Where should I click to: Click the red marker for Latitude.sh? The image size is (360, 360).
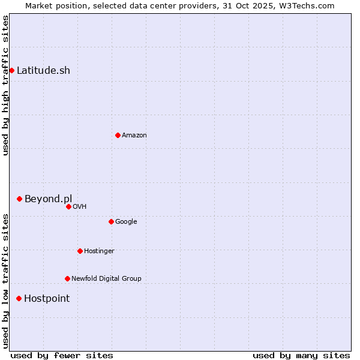pyautogui.click(x=11, y=71)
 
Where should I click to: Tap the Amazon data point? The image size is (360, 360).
pyautogui.click(x=118, y=135)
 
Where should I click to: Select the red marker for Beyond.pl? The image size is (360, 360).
pyautogui.click(x=19, y=199)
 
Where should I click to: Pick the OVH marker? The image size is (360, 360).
pyautogui.click(x=68, y=206)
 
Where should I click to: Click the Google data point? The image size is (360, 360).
pyautogui.click(x=111, y=221)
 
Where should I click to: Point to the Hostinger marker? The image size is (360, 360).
pyautogui.click(x=80, y=251)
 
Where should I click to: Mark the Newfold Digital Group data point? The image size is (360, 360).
pyautogui.click(x=67, y=278)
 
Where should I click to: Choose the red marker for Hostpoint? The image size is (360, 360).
pyautogui.click(x=19, y=298)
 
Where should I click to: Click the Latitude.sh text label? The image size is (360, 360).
pyautogui.click(x=43, y=71)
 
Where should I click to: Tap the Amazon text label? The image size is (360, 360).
pyautogui.click(x=134, y=135)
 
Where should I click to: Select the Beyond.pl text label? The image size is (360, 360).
pyautogui.click(x=48, y=199)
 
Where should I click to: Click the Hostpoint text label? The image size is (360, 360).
pyautogui.click(x=47, y=298)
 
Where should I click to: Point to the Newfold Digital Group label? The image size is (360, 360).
pyautogui.click(x=106, y=278)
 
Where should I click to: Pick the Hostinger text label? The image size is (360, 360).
pyautogui.click(x=99, y=251)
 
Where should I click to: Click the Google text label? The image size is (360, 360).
pyautogui.click(x=126, y=221)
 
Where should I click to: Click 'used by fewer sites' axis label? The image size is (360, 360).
pyautogui.click(x=62, y=355)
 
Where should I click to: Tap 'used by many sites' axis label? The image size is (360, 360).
pyautogui.click(x=301, y=355)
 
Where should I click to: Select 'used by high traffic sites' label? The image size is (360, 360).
pyautogui.click(x=5, y=85)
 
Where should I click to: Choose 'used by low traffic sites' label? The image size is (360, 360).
pyautogui.click(x=5, y=280)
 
